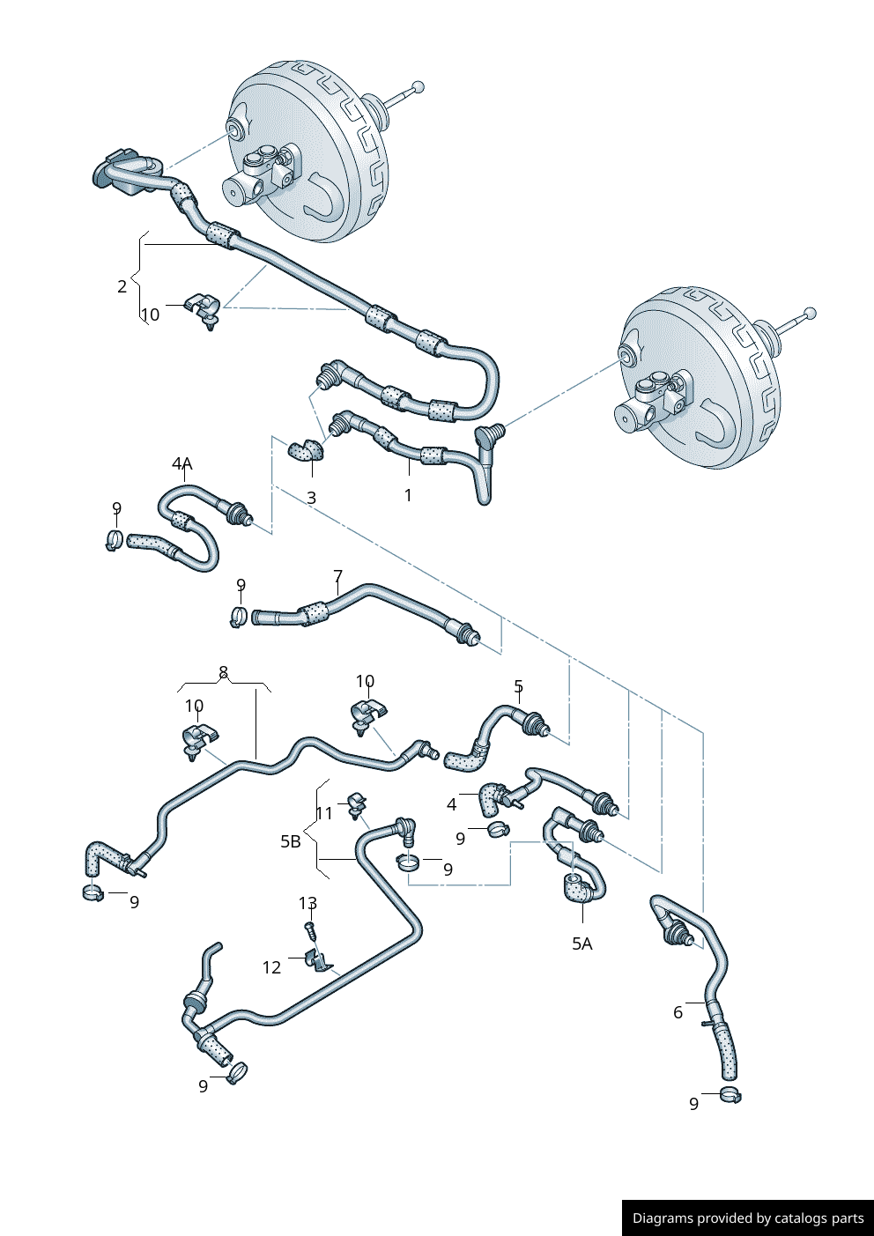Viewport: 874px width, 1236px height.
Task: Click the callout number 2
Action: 122,285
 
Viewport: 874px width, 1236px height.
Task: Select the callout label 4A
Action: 181,463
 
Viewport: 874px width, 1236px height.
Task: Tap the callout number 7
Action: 338,577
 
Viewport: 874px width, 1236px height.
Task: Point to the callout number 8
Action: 224,672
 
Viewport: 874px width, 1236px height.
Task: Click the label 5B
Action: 291,841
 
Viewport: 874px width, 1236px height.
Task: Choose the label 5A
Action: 582,944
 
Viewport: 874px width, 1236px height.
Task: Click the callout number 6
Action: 678,1012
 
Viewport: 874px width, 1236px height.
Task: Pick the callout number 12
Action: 271,967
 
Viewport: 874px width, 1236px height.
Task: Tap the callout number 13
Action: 307,903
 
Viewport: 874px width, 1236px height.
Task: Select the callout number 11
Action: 324,812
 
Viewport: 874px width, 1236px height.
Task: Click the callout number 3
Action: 312,498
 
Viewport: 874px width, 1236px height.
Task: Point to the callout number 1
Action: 408,495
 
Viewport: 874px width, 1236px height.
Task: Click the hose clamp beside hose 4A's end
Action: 114,539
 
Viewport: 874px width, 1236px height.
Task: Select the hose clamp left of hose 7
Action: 237,617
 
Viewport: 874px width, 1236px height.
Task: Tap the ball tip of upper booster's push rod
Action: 418,86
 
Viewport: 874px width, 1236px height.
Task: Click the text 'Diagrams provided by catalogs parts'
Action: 748,1218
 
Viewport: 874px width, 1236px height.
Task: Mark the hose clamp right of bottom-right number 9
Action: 730,1095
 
